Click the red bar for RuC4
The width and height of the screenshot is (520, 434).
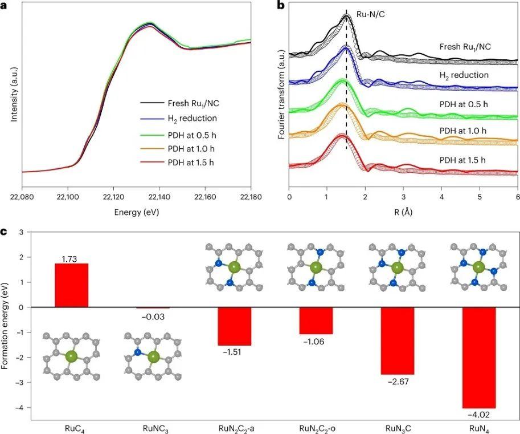point(71,285)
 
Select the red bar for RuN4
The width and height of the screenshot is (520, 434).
point(479,357)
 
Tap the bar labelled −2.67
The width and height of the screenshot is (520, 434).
point(398,340)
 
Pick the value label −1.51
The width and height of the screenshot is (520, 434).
point(234,352)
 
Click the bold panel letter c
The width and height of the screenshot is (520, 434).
point(5,232)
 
